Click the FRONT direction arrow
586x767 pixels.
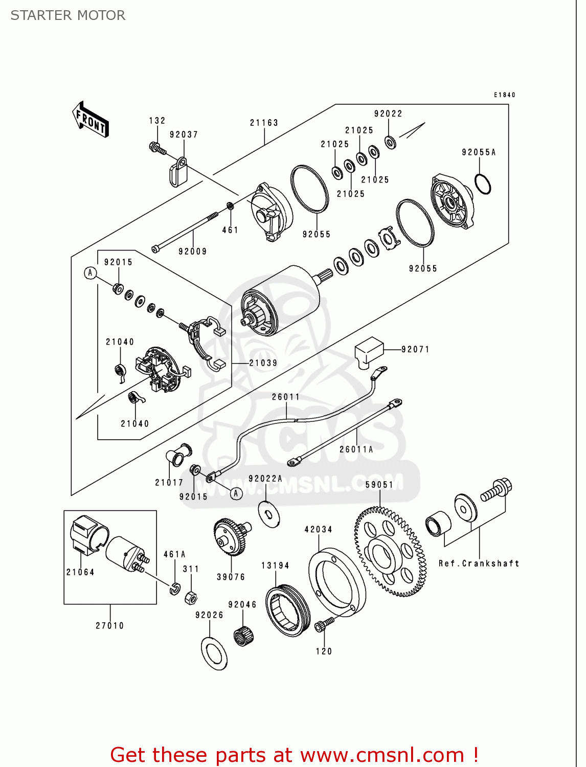pyautogui.click(x=91, y=120)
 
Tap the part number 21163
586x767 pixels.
pyautogui.click(x=264, y=123)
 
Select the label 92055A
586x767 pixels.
pyautogui.click(x=479, y=152)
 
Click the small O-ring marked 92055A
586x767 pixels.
pyautogui.click(x=483, y=184)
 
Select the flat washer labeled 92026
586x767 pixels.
pyautogui.click(x=214, y=653)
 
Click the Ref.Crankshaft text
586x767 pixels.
pyautogui.click(x=479, y=563)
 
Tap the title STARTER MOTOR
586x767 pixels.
pyautogui.click(x=68, y=15)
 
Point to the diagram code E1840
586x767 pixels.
pyautogui.click(x=504, y=95)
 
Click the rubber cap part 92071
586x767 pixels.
pyautogui.click(x=369, y=351)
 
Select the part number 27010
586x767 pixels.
pyautogui.click(x=110, y=625)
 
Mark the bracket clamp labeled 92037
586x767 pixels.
pyautogui.click(x=178, y=172)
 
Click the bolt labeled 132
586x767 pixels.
pyautogui.click(x=157, y=149)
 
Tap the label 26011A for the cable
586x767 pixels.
pyautogui.click(x=356, y=449)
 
